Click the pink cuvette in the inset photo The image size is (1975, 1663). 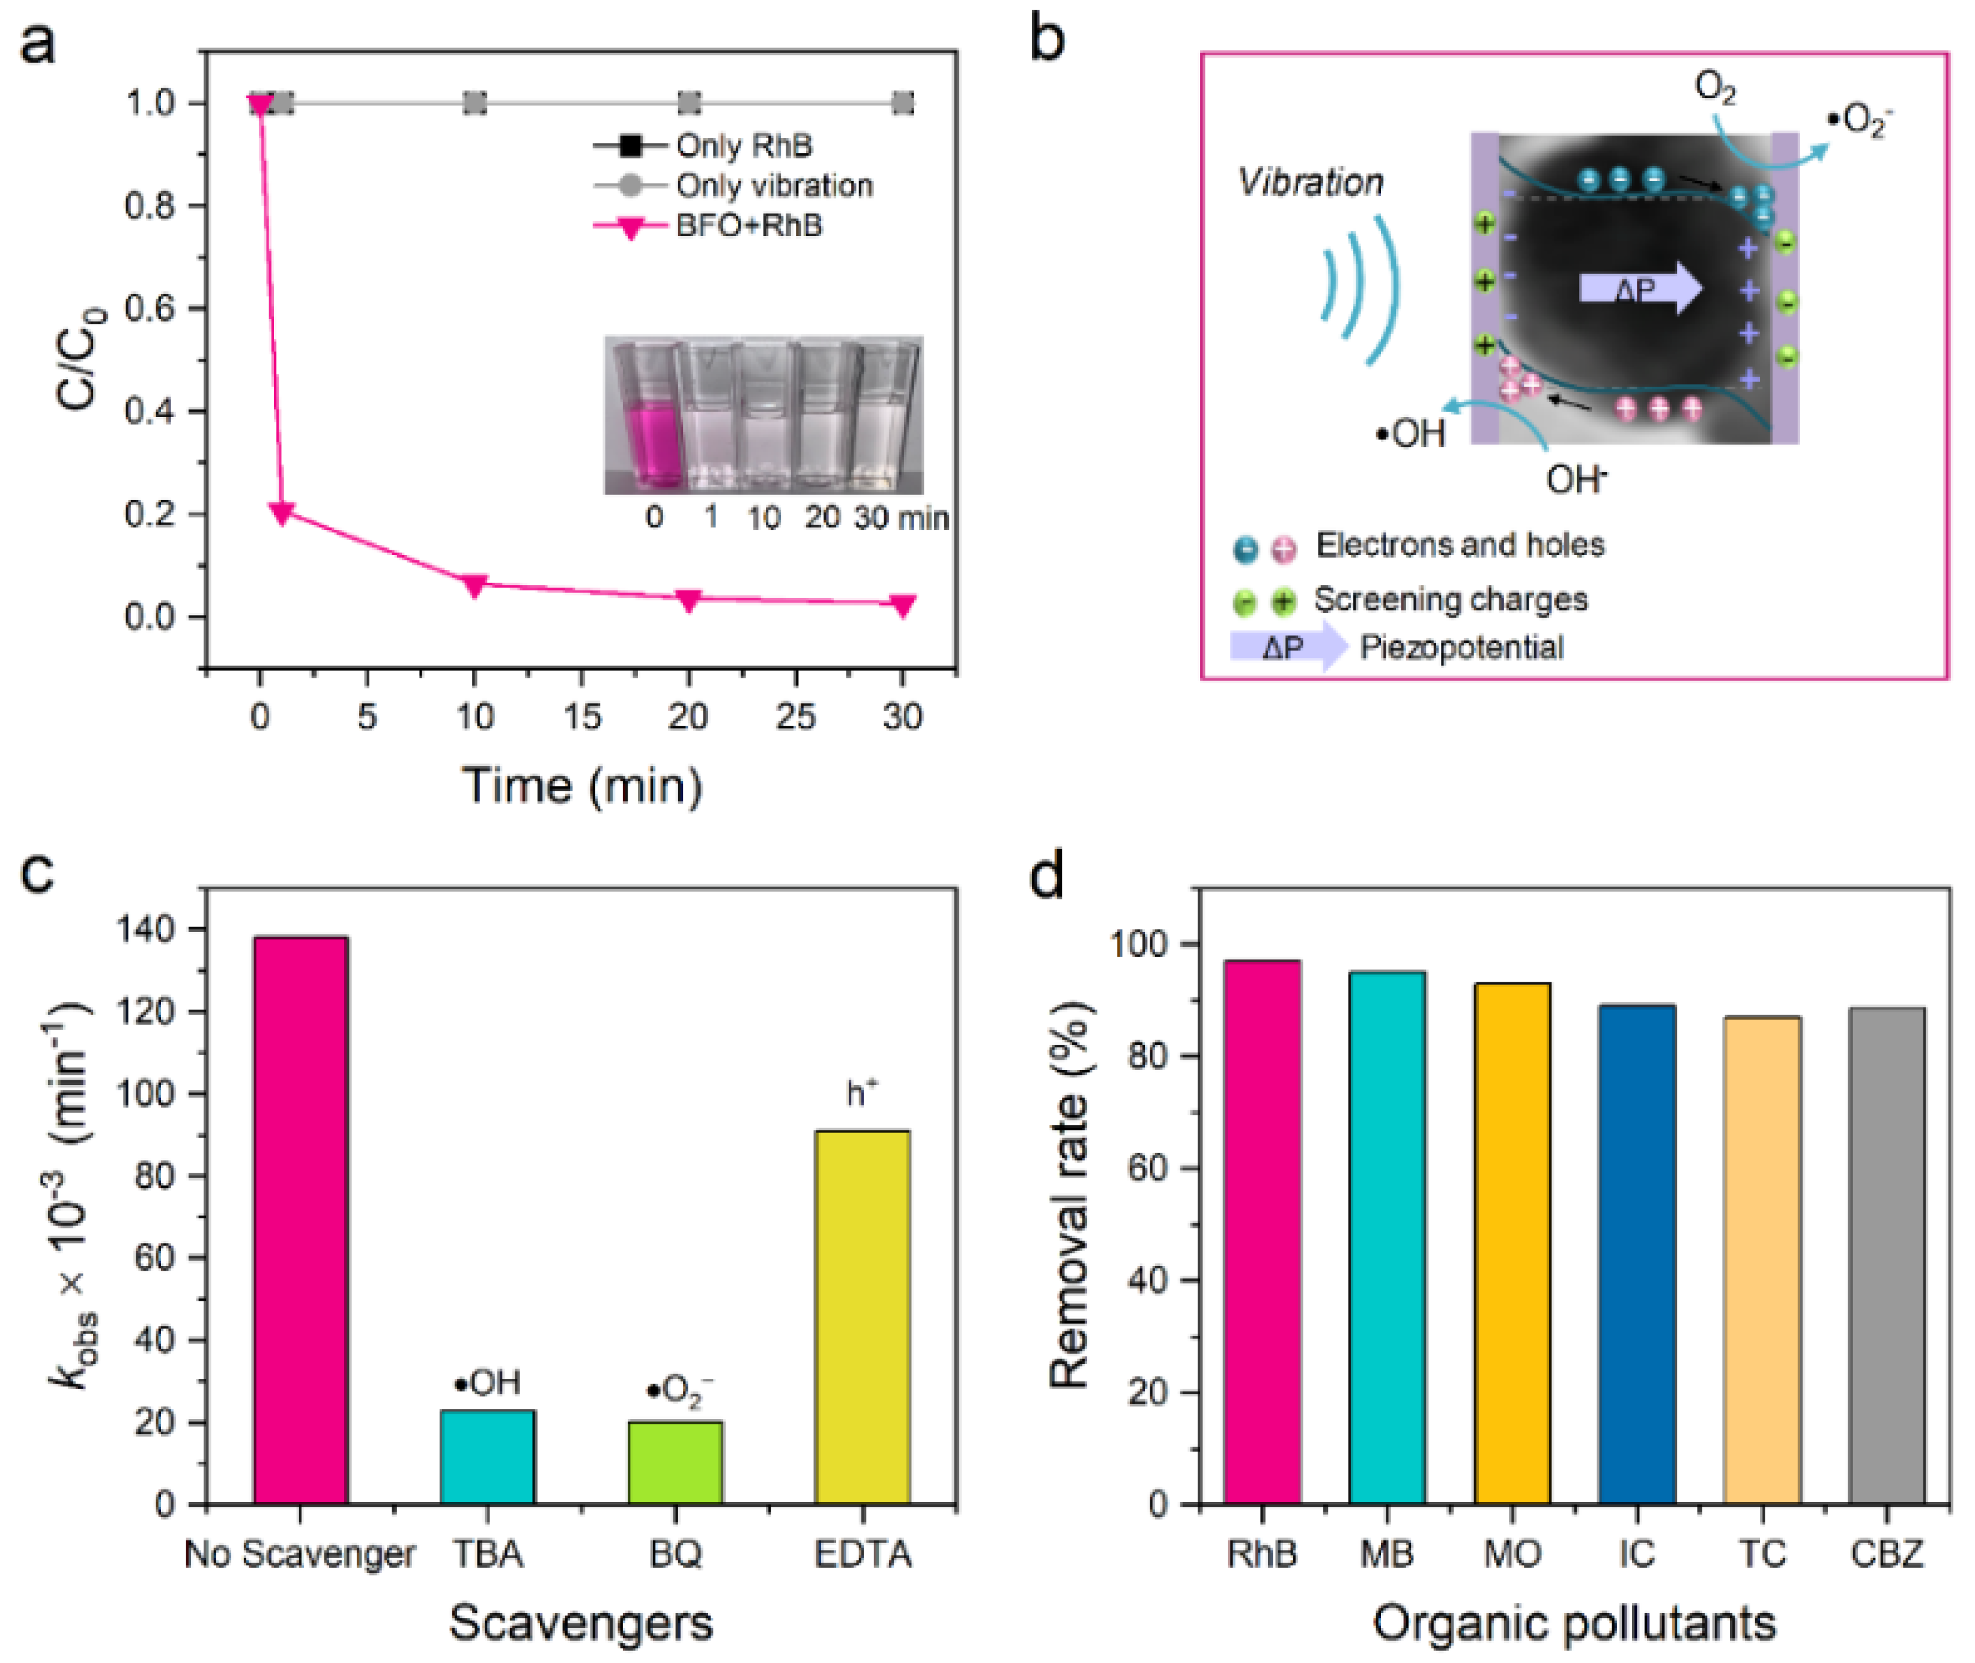coord(649,443)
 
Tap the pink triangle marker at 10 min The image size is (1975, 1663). coord(475,585)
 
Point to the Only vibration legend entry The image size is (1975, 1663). coord(773,186)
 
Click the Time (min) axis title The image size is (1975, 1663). coord(581,785)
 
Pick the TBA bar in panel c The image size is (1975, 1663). coord(487,1456)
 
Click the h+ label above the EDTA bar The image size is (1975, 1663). coord(861,1093)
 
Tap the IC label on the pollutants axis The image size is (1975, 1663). coord(1637,1552)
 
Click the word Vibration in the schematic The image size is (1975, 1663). coord(1311,183)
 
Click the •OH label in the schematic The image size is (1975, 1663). coord(1410,434)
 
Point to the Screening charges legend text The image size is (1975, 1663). coord(1451,600)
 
